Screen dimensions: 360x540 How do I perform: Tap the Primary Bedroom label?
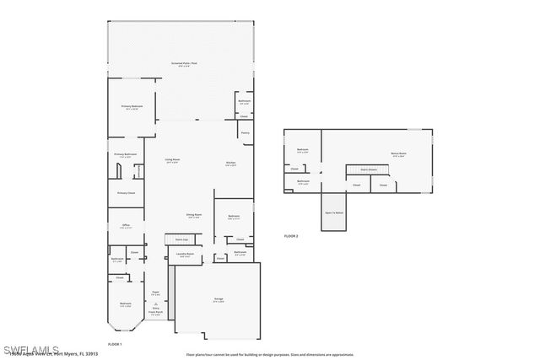(132, 107)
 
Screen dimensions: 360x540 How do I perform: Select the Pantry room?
(245, 132)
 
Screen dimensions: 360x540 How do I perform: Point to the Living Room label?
(172, 160)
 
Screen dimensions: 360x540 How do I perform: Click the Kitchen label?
(230, 164)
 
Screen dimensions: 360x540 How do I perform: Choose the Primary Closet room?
(126, 193)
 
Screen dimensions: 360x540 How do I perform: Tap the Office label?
(125, 226)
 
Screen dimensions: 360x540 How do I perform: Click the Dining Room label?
(194, 216)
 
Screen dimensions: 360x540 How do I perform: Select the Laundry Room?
(185, 255)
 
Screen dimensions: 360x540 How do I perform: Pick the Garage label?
(218, 300)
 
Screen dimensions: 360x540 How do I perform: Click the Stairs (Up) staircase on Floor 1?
(182, 239)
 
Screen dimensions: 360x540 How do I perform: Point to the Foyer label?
(155, 293)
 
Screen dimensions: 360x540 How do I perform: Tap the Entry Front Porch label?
(155, 311)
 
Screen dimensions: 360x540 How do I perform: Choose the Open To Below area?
(334, 213)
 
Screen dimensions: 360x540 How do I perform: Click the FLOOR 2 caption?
(291, 235)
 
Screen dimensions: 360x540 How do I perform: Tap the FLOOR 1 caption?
(115, 345)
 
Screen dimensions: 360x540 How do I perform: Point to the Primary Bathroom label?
(125, 155)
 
